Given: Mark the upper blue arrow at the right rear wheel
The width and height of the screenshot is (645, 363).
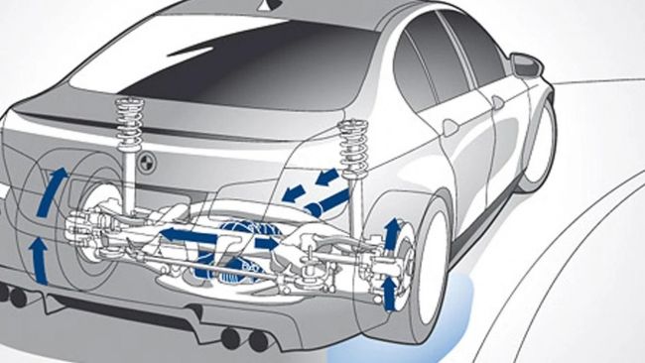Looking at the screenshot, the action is tap(390, 234).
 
